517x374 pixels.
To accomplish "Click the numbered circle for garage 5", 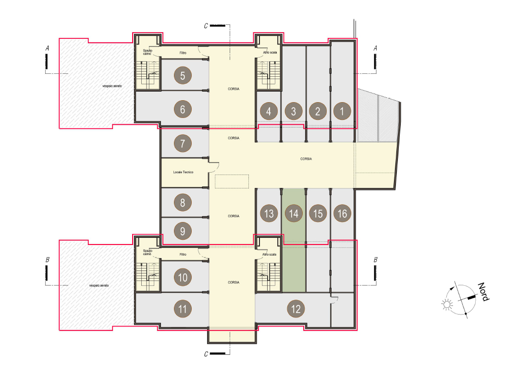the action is [x=183, y=75].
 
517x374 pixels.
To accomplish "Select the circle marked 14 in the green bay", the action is [x=294, y=213].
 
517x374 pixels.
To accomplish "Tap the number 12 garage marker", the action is [x=296, y=308].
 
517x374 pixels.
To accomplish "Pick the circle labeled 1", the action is [x=342, y=111].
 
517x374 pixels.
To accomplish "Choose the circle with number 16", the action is [x=342, y=213].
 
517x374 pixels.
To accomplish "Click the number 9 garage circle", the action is [x=183, y=231].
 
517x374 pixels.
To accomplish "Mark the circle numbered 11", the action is [x=183, y=308].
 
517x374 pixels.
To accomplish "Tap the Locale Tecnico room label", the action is [x=184, y=172].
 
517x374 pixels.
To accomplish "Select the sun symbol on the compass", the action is [x=447, y=304].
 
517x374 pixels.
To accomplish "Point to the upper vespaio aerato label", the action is [x=112, y=86].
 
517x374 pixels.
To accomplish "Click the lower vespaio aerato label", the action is [x=99, y=285].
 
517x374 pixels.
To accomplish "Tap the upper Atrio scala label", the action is [x=270, y=53].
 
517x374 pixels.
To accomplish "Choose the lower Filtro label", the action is [x=183, y=254].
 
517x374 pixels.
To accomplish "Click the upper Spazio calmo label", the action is [x=148, y=52].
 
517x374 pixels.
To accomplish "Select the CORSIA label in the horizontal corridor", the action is [x=306, y=159].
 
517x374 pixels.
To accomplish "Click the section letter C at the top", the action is [x=206, y=26].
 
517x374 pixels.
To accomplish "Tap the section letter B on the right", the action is [x=375, y=260].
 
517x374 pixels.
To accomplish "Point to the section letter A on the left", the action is [x=47, y=48].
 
